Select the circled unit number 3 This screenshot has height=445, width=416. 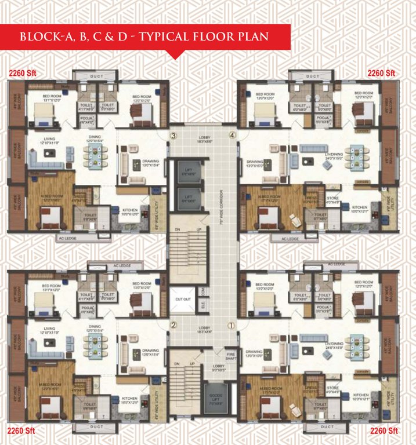pos(173,136)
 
